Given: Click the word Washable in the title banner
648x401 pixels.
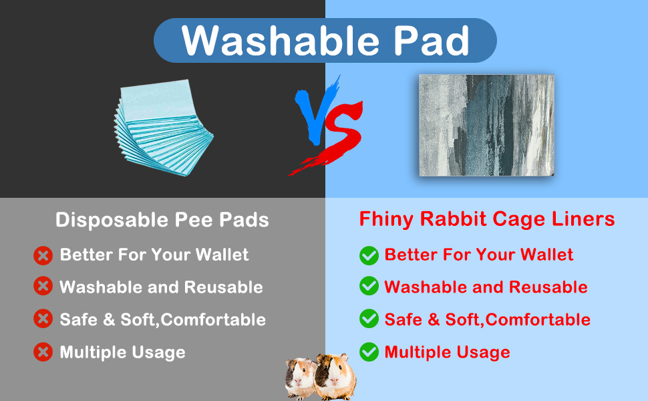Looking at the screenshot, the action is pos(280,41).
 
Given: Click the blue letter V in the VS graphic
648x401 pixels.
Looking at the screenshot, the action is pos(316,112).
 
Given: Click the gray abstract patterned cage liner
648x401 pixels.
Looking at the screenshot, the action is pos(487,125).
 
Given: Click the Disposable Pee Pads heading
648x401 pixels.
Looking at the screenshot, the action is pos(162,219).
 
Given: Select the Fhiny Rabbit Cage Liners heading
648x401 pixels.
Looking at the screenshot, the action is pos(487,219).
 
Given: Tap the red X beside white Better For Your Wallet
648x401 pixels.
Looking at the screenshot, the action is pos(43,255).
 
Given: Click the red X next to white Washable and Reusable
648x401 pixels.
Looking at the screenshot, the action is pos(43,286).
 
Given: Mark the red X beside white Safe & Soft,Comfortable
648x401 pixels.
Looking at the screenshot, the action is pos(43,319).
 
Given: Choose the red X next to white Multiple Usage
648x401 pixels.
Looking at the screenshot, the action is pos(43,352).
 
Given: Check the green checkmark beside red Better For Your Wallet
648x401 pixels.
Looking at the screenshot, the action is pos(369,255).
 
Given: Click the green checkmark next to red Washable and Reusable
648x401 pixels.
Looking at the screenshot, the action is pos(369,286).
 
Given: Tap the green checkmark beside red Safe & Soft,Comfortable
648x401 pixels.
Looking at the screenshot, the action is pos(369,319).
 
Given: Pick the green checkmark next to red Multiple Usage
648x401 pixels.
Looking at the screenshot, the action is pos(369,352).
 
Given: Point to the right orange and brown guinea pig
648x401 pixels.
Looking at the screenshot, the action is pos(335,377).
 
